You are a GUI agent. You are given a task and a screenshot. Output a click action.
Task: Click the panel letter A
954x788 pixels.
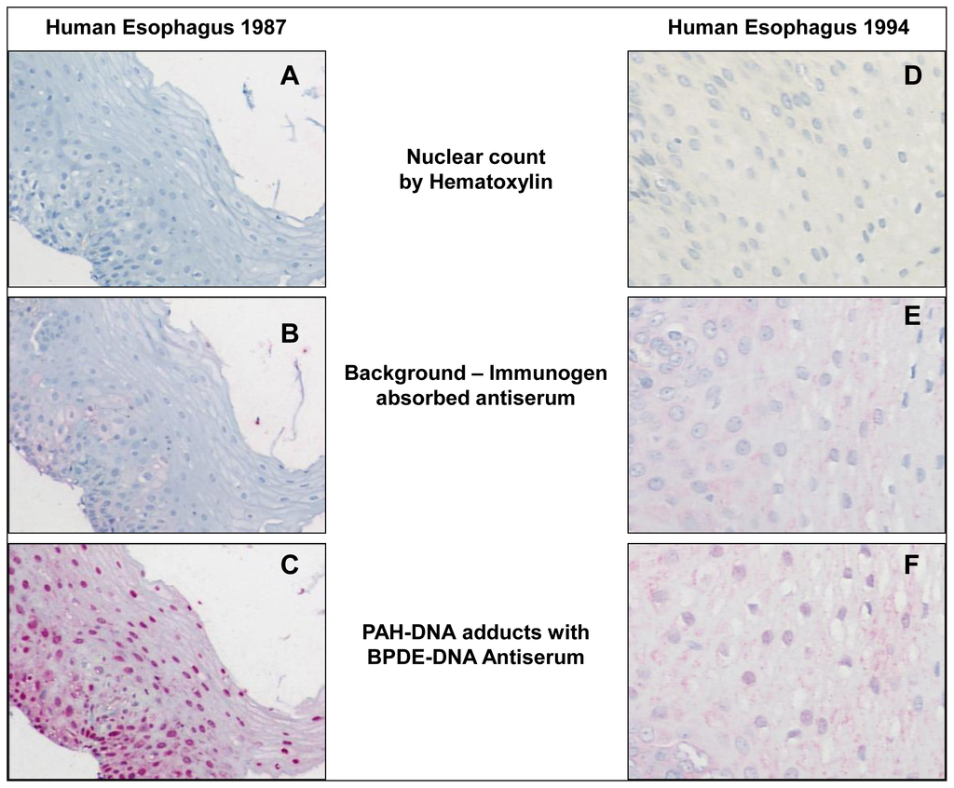pyautogui.click(x=290, y=76)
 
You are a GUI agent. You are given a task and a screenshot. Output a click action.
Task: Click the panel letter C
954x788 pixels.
pyautogui.click(x=290, y=564)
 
